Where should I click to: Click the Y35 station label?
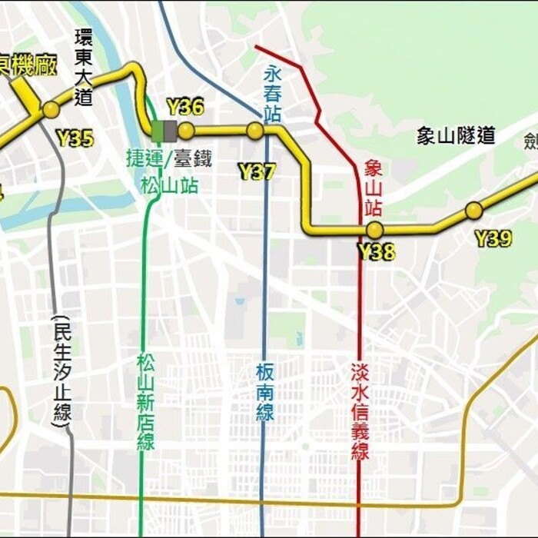click(75, 138)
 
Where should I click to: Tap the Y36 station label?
click(184, 107)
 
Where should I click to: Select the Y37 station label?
click(257, 171)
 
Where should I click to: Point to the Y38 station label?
click(377, 251)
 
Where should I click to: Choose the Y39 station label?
click(493, 238)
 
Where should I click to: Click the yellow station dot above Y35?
click(51, 110)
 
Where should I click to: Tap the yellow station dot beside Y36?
click(186, 131)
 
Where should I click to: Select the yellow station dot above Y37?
click(255, 131)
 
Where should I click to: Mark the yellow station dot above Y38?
click(374, 230)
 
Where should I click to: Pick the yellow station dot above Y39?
click(474, 211)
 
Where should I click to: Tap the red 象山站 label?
click(374, 188)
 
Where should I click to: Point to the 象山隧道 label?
click(456, 136)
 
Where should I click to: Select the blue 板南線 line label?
click(265, 391)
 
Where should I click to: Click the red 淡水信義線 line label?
click(360, 412)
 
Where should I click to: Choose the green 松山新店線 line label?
click(146, 401)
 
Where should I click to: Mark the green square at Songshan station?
click(158, 131)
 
